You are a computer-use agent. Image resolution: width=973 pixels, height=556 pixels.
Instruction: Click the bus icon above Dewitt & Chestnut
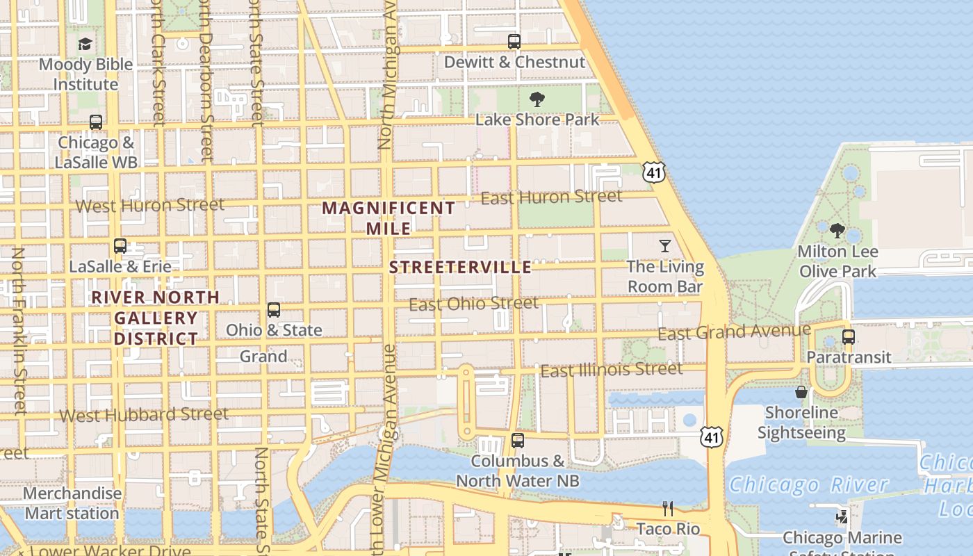click(514, 42)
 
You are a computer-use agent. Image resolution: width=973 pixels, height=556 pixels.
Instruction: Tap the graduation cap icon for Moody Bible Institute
click(85, 44)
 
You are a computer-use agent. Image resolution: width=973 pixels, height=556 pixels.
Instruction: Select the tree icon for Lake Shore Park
click(537, 99)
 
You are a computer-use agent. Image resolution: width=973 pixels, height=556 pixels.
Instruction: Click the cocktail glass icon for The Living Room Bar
click(665, 246)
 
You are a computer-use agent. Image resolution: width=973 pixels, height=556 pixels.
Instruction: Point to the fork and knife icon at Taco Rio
click(668, 509)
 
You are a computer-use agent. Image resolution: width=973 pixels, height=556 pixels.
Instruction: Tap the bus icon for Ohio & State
click(274, 310)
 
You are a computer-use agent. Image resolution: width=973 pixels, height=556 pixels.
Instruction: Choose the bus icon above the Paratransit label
click(848, 337)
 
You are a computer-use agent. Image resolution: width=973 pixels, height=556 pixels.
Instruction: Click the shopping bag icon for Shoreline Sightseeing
click(801, 392)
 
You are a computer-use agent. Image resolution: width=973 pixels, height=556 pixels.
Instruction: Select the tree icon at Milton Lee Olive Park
click(837, 231)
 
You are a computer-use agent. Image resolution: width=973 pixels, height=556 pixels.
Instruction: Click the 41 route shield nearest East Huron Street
click(654, 172)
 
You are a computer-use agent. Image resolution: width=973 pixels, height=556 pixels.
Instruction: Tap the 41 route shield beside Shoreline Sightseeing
click(710, 436)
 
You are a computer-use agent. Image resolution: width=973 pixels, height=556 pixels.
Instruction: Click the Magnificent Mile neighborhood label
click(389, 218)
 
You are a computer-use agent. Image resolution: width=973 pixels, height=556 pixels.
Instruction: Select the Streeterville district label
click(460, 268)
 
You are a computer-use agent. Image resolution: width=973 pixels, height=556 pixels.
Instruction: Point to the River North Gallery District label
click(156, 318)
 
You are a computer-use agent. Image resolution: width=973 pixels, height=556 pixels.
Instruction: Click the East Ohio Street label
click(473, 304)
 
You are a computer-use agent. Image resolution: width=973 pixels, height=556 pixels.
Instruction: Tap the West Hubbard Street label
click(144, 415)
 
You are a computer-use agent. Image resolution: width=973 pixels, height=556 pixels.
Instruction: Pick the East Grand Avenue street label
click(734, 332)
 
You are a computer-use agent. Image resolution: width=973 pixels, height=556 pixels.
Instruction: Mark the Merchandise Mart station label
click(72, 503)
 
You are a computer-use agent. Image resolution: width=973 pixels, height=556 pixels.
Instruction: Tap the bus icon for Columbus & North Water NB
click(517, 440)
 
